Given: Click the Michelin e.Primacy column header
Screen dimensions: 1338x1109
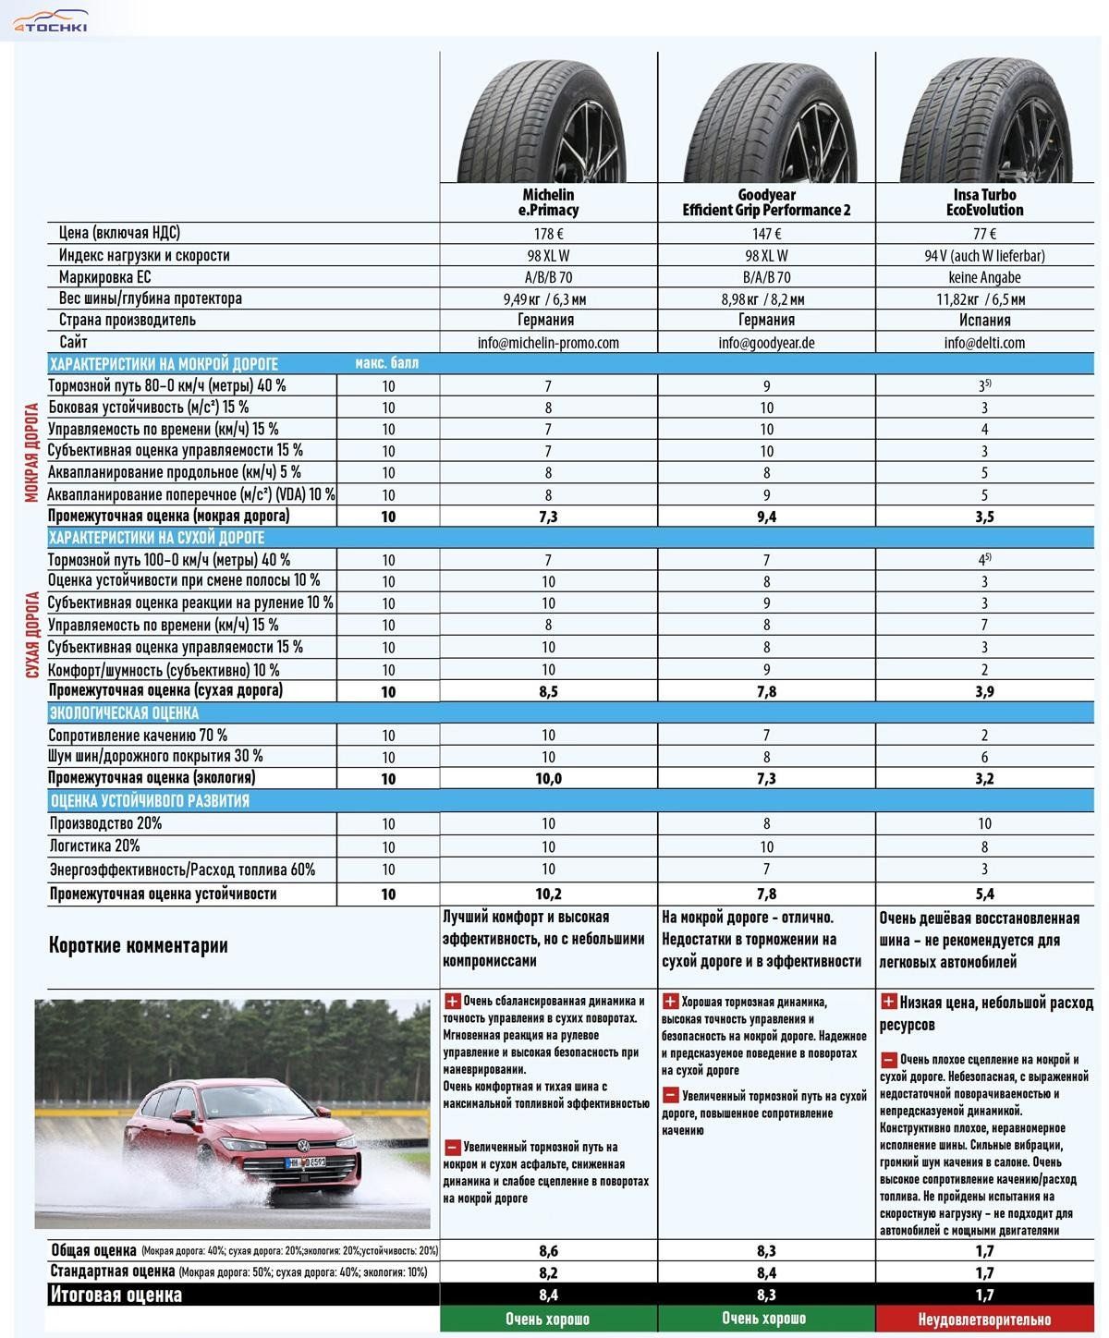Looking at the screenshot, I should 548,202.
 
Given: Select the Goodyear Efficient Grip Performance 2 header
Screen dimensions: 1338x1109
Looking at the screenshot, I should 766,202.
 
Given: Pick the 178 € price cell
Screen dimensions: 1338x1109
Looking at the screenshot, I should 548,234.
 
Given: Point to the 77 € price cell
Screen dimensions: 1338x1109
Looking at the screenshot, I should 984,234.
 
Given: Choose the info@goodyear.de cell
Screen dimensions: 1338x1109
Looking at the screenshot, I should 766,343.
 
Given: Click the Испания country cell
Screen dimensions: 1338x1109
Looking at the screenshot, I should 984,321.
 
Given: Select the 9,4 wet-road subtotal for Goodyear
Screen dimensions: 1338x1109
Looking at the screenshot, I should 766,517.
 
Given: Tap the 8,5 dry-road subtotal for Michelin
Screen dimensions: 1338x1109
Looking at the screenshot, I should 548,691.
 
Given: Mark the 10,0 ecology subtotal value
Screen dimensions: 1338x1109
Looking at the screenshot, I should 548,779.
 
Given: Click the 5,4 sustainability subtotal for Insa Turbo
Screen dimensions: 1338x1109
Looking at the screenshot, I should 984,894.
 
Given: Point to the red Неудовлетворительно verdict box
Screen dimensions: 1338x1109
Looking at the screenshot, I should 984,1320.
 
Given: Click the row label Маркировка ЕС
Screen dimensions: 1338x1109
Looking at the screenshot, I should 104,277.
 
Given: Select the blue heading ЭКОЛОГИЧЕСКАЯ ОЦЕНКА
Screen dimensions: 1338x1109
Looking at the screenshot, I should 124,713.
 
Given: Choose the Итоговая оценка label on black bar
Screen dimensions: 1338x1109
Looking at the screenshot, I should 116,1295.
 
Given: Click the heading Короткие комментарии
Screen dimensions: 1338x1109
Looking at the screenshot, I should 138,945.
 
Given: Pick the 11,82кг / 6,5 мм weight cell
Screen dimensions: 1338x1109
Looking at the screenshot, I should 984,299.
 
